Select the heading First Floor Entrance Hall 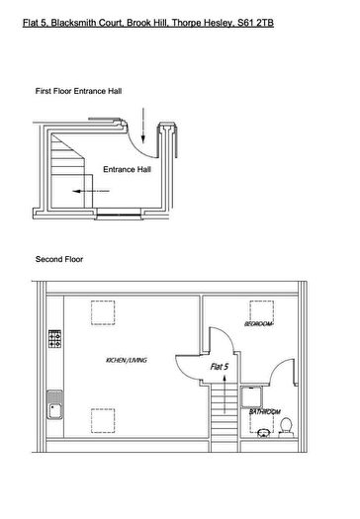coord(78,90)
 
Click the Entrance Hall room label coord(127,169)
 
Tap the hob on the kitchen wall coord(54,341)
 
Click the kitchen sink coord(54,406)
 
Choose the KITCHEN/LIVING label coord(127,361)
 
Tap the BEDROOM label coord(259,323)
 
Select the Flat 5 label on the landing coord(220,367)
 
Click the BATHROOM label coord(265,410)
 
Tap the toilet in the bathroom coord(285,424)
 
